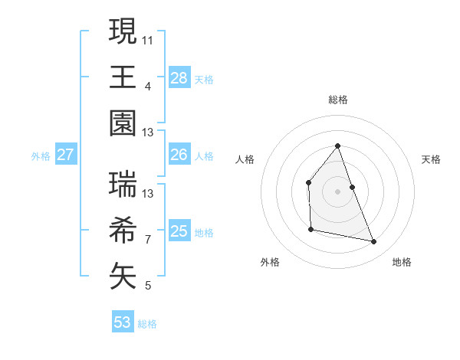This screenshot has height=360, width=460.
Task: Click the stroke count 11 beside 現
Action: click(x=148, y=38)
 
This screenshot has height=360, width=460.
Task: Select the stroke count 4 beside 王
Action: click(x=148, y=85)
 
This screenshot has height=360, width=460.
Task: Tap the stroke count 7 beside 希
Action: click(x=148, y=239)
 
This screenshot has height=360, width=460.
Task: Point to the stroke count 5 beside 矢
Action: click(x=148, y=286)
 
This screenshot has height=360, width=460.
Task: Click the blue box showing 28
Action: click(x=179, y=77)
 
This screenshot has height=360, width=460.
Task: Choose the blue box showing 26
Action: click(x=179, y=155)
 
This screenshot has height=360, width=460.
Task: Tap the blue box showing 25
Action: click(x=179, y=231)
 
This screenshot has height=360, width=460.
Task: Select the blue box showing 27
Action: click(x=65, y=155)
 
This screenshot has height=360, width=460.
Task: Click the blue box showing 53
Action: click(x=123, y=322)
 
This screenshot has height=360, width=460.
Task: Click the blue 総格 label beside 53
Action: click(x=147, y=324)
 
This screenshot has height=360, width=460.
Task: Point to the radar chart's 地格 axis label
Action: click(x=402, y=262)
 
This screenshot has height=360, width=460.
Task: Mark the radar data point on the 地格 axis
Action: click(x=374, y=242)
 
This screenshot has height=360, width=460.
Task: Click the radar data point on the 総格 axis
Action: click(x=337, y=146)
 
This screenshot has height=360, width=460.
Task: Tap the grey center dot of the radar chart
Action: click(x=337, y=191)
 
